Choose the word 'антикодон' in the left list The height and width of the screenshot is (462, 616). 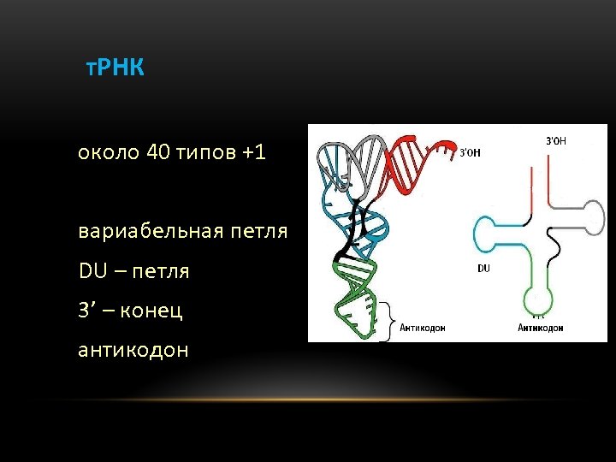(x=133, y=350)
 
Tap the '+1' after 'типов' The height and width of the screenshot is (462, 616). (x=254, y=153)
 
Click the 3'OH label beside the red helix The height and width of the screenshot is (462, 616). (x=470, y=153)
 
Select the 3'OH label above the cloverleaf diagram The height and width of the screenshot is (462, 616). (x=555, y=139)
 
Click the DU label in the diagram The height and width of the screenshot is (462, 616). (x=483, y=268)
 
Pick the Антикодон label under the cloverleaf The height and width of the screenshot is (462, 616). (x=540, y=328)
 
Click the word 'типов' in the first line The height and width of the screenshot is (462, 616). (x=208, y=153)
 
